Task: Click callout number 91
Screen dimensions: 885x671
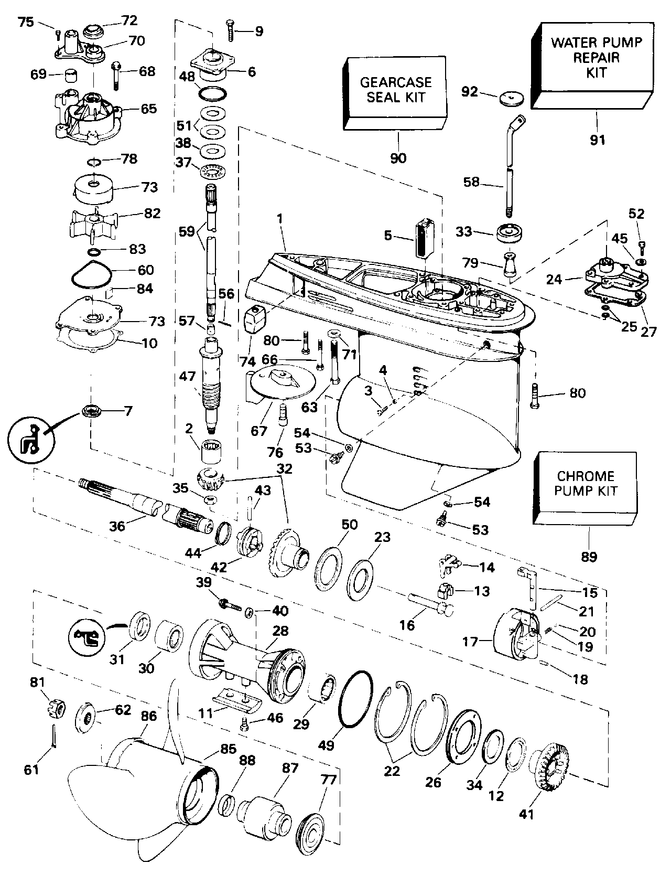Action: [597, 140]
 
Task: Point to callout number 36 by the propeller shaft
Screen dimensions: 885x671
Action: [117, 525]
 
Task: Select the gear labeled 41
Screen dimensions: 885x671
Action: [550, 770]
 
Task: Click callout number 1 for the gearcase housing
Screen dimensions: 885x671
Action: [279, 217]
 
